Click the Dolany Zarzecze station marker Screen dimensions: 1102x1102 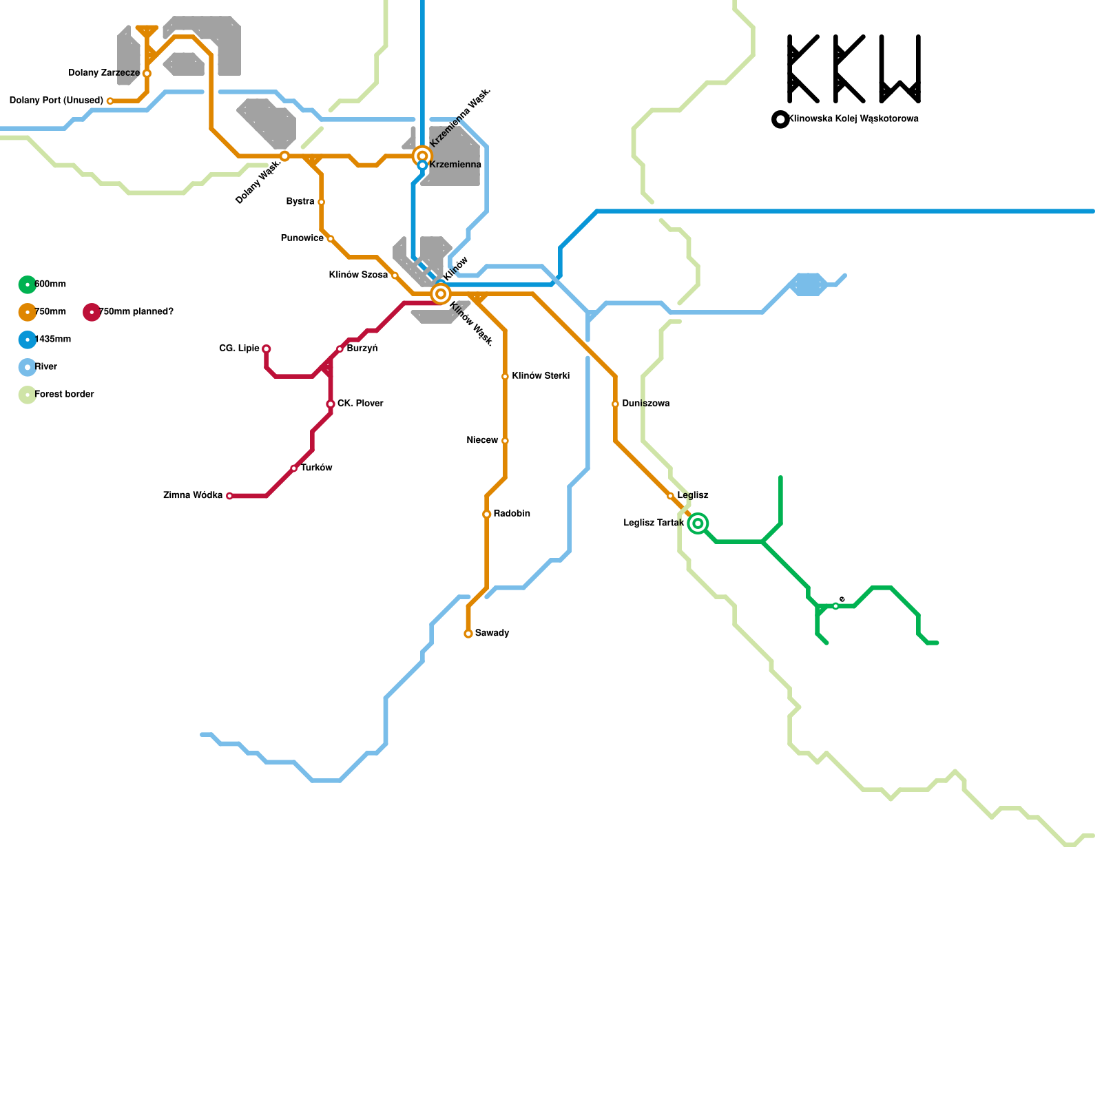click(147, 73)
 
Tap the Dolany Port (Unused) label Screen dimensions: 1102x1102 click(56, 101)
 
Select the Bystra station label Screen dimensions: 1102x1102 click(300, 202)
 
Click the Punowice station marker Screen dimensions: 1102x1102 click(331, 239)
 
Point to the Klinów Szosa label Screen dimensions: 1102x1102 click(357, 275)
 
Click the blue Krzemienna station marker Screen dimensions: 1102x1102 click(422, 165)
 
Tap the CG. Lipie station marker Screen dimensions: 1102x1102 click(266, 349)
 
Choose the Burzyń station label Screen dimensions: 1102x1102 click(362, 349)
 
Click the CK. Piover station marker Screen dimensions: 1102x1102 click(331, 404)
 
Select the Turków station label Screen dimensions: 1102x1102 click(317, 468)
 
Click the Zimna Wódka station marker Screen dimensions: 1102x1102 click(229, 496)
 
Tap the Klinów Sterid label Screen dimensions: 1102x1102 click(541, 376)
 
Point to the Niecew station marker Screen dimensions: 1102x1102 click(505, 441)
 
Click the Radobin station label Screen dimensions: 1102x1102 click(512, 514)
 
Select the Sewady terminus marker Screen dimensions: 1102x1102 click(468, 634)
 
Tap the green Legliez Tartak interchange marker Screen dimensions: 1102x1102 click(698, 523)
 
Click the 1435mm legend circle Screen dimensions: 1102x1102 click(27, 340)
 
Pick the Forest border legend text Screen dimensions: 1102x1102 click(64, 395)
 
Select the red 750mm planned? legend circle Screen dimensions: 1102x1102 click(92, 312)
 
